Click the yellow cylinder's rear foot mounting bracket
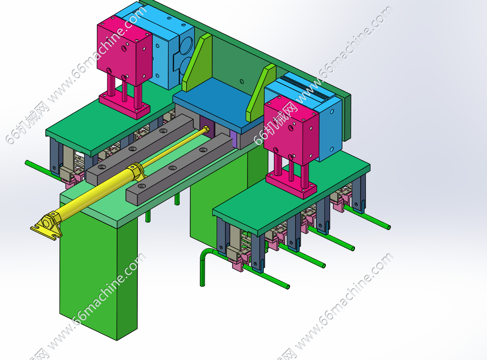(x=47, y=224)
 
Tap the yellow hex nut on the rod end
(x=205, y=129)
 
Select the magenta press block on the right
(x=291, y=130)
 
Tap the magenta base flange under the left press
(x=125, y=106)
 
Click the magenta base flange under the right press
(x=291, y=185)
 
